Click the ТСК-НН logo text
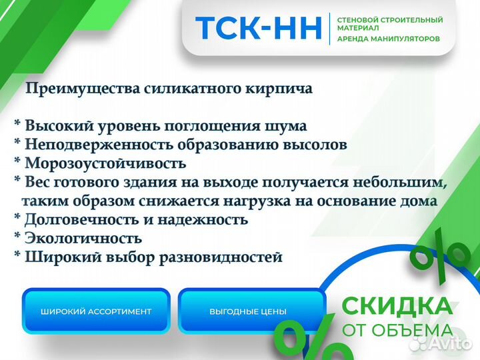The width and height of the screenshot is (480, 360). coord(258,29)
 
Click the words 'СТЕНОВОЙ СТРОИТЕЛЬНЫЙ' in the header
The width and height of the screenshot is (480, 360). coord(390,20)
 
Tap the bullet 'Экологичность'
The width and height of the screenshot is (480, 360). coord(83,238)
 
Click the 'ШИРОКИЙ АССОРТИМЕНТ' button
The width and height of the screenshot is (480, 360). coord(96,311)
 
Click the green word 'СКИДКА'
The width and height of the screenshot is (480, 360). coord(396,306)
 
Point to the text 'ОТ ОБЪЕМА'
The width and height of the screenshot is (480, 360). coord(397,330)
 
